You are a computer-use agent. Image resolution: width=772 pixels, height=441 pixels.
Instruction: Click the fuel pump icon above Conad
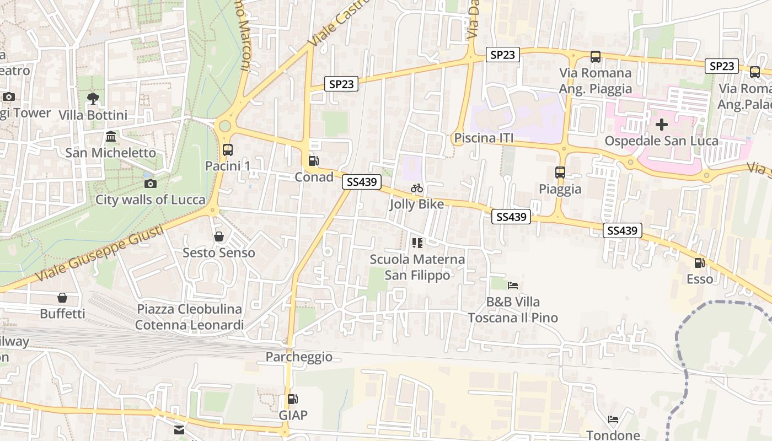(x=313, y=161)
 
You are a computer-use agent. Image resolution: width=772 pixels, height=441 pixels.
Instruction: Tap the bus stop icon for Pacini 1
(x=227, y=149)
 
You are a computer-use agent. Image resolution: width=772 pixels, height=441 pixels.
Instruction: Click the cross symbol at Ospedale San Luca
(x=661, y=125)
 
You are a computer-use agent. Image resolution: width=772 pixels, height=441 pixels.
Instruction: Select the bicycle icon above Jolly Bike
(x=417, y=189)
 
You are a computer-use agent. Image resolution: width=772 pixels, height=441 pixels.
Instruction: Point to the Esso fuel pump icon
(x=699, y=263)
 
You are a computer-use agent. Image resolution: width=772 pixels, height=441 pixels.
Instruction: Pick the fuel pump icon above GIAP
(x=293, y=399)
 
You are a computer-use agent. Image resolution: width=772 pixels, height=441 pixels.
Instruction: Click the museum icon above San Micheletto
(x=110, y=136)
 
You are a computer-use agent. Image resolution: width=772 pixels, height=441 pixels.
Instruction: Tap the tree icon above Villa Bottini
(x=93, y=99)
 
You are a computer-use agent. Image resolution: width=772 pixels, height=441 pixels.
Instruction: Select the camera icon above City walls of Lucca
(x=150, y=184)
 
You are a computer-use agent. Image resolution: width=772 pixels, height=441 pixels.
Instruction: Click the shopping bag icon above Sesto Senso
(x=219, y=236)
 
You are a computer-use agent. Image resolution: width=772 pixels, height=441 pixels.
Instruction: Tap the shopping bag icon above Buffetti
(x=62, y=298)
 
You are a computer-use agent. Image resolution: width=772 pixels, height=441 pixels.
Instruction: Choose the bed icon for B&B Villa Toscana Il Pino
(x=513, y=286)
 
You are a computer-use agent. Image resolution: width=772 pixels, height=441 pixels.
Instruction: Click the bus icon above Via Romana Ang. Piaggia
(x=595, y=56)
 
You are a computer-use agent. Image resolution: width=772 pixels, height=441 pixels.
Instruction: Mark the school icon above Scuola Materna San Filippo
(x=417, y=243)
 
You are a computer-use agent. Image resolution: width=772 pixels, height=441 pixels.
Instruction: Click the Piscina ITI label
(x=484, y=138)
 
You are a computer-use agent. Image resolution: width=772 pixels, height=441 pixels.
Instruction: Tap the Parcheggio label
(x=299, y=357)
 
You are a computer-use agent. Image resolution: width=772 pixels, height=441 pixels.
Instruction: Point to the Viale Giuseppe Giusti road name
(x=99, y=254)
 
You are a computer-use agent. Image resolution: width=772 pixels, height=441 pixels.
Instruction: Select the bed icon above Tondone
(x=613, y=420)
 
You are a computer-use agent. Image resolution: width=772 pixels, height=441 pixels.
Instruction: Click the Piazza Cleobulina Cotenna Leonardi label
(x=189, y=317)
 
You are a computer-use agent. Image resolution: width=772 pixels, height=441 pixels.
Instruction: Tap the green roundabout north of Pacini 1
(x=225, y=126)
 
